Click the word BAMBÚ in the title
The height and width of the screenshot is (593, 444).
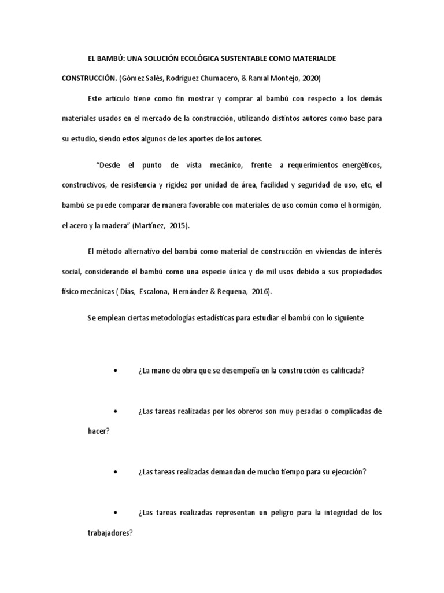[108, 59]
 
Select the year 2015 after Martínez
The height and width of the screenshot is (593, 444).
[194, 226]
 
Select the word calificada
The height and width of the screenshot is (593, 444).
[345, 371]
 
